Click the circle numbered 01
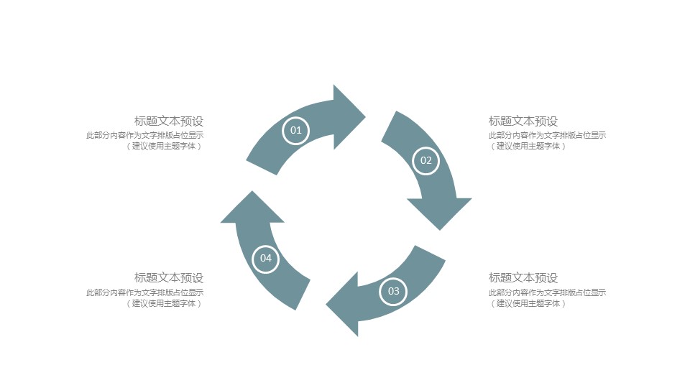coord(295,131)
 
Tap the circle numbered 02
coord(425,160)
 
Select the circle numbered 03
coord(393,291)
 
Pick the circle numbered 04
coord(266,258)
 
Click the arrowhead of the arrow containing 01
coord(347,116)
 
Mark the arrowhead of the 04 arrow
coord(252,210)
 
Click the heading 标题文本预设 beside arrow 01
coord(169,121)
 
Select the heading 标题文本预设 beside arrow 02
coord(523,121)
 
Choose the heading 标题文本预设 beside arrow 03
coord(523,277)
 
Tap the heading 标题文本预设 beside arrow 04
coord(169,277)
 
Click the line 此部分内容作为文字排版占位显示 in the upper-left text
coord(144,135)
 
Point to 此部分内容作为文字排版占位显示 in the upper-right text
coord(548,135)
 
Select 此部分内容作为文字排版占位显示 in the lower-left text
coord(144,292)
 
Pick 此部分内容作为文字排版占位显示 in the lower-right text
coord(548,292)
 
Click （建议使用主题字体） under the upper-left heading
coord(165,146)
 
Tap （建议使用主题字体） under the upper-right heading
coord(529,146)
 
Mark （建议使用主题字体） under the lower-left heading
coord(165,303)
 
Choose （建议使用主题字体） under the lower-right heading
coord(529,303)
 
